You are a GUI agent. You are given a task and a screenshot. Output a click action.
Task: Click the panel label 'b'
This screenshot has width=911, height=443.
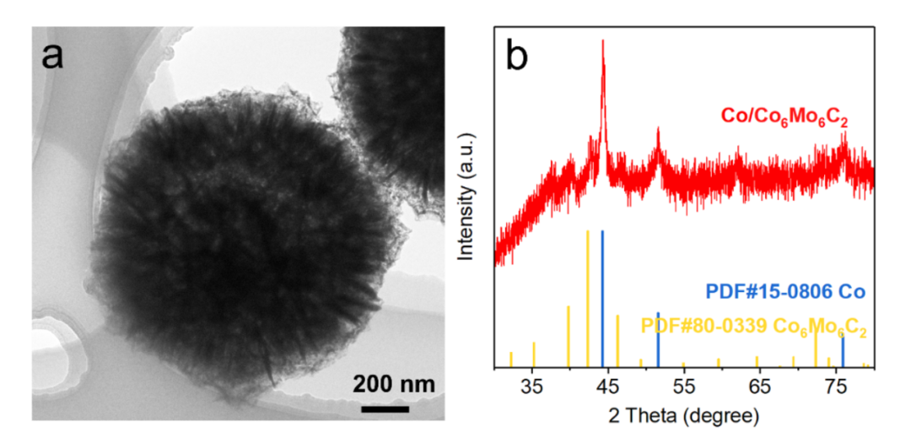coord(516,57)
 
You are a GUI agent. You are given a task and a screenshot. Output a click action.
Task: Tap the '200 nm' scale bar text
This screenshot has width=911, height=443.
coord(394,385)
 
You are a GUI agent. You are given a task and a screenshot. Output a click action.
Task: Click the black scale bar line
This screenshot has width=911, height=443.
coord(385,409)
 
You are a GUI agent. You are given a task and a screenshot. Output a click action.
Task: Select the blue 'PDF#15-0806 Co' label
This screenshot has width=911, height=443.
coord(785,292)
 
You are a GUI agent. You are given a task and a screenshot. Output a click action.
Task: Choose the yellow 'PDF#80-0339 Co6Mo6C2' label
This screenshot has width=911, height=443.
coord(754,326)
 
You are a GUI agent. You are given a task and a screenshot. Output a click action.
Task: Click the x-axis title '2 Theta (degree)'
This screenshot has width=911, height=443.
coord(683,416)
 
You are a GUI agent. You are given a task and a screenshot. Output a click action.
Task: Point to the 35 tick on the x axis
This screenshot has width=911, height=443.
coord(533,387)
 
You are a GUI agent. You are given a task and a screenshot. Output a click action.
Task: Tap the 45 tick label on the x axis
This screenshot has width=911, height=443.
coord(608,387)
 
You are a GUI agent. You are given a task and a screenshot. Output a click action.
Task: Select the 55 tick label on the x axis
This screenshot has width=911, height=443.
coord(684,387)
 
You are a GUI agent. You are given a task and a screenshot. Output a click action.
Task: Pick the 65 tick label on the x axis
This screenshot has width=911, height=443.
coord(760,387)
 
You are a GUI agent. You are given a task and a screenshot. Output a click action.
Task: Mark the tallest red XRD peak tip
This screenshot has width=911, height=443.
coord(602,42)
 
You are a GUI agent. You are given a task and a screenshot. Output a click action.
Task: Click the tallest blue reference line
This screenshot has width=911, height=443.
coord(602,295)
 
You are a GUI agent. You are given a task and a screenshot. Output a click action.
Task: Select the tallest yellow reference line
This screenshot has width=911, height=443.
coord(587,295)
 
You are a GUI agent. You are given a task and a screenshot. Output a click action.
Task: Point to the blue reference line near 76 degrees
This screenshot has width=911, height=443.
coord(843,350)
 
